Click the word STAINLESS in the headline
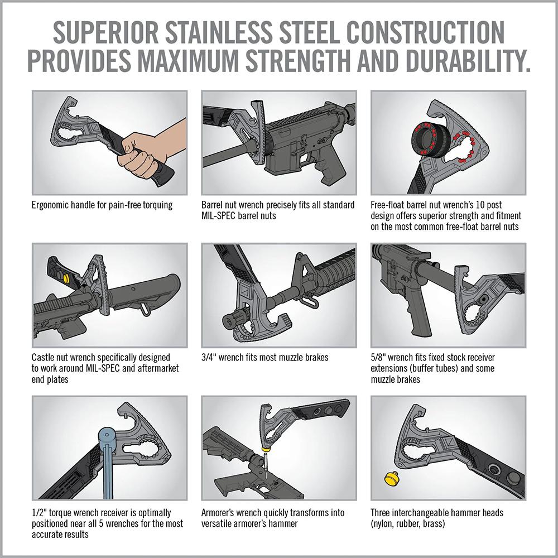click(x=219, y=32)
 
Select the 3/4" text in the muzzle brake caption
click(x=209, y=357)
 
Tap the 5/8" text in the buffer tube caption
click(x=378, y=357)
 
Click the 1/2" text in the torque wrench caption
click(x=39, y=513)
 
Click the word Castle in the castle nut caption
click(x=43, y=357)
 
